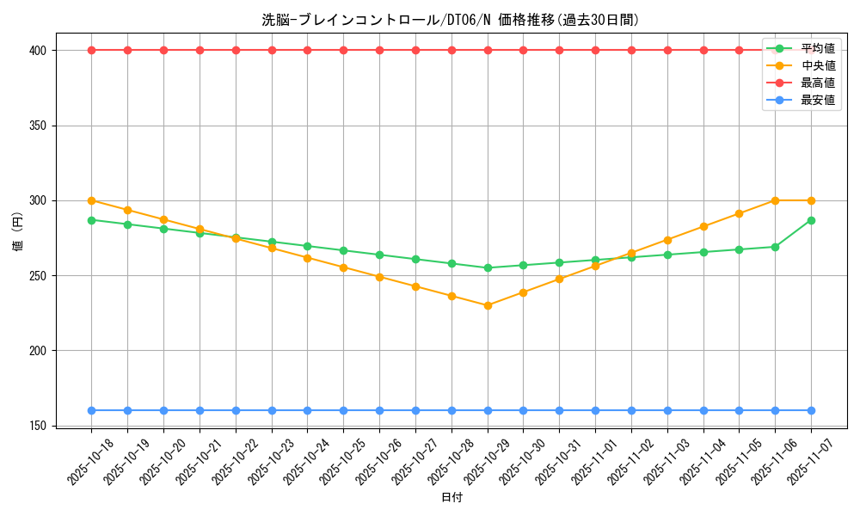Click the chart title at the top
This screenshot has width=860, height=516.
[x=451, y=20]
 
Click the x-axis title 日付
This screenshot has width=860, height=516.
[x=451, y=498]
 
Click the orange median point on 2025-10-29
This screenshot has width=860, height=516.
[x=488, y=305]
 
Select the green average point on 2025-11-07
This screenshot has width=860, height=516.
[x=811, y=220]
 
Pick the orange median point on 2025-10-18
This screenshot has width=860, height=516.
[x=92, y=200]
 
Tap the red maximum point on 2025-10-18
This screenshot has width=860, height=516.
[x=92, y=50]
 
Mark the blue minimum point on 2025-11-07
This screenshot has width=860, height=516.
[x=811, y=410]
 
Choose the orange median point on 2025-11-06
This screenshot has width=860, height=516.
[x=775, y=200]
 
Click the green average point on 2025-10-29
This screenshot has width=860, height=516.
[x=488, y=267]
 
